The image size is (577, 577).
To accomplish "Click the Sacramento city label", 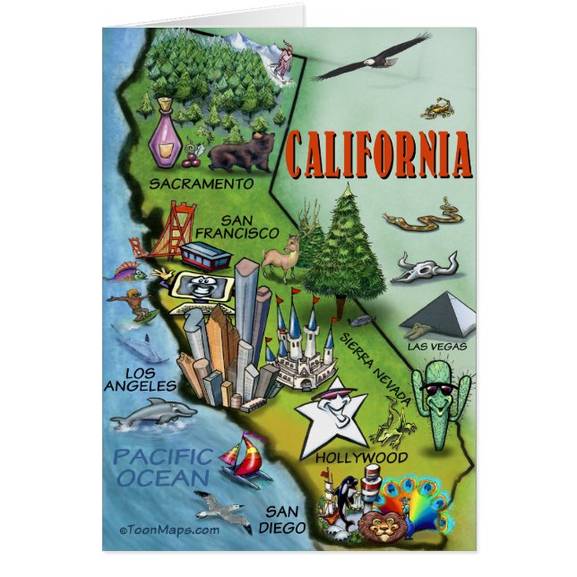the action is pyautogui.click(x=201, y=183).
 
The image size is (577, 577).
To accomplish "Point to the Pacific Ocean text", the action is pyautogui.click(x=162, y=468).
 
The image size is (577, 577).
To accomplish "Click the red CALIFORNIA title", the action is pyautogui.click(x=379, y=154).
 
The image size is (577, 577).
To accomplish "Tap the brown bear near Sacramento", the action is pyautogui.click(x=242, y=152).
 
